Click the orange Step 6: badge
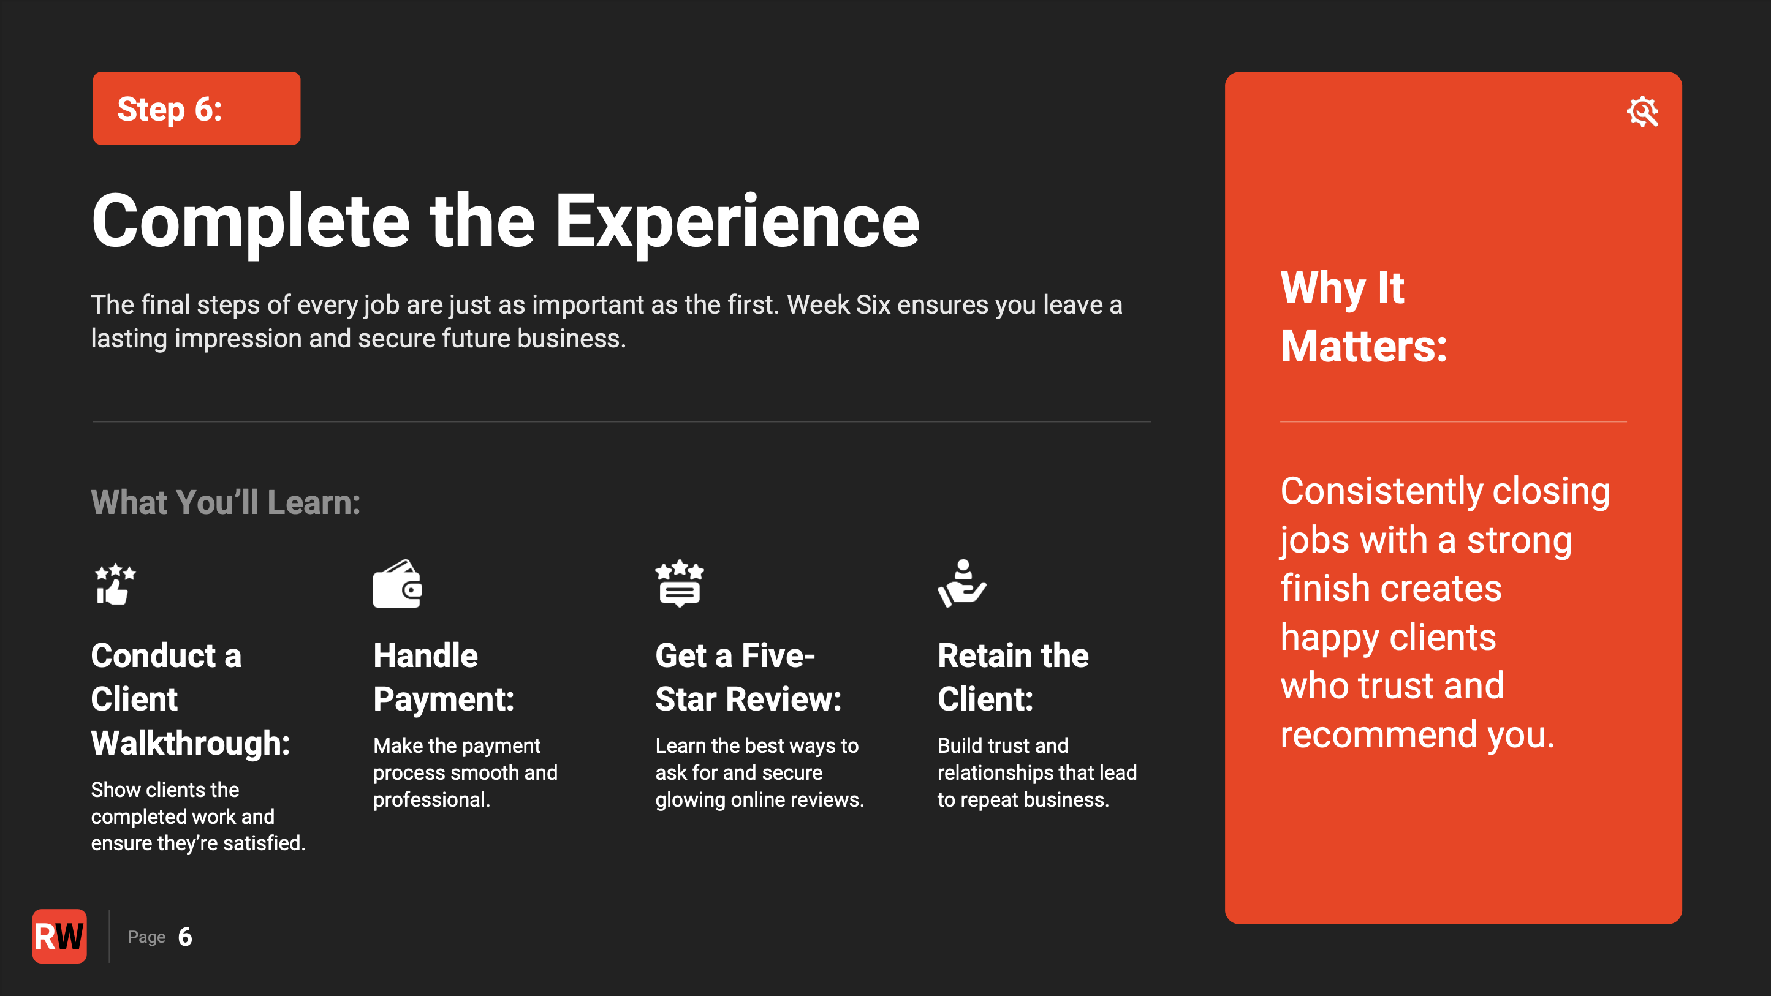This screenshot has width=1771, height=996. point(197,108)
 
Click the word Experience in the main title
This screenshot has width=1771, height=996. point(737,221)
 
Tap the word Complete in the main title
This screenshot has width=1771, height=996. point(251,221)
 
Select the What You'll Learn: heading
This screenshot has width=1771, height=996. point(226,502)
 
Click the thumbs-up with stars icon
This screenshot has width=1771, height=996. point(115,584)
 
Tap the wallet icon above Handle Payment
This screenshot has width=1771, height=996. point(397,584)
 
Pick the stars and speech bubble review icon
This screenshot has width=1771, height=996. point(679,584)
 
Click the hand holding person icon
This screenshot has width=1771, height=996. point(962,584)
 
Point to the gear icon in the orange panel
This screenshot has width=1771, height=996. point(1642,111)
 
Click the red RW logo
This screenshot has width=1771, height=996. point(60,936)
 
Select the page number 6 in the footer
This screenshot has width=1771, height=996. point(185,937)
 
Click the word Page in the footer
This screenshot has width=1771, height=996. point(146,938)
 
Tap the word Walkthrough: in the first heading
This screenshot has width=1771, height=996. point(191,743)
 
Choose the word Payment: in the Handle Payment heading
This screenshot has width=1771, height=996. point(444,700)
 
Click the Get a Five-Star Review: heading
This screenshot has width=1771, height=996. point(749,677)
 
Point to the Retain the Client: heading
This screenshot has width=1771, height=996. point(1014,677)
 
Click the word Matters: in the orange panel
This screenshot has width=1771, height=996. point(1364,345)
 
